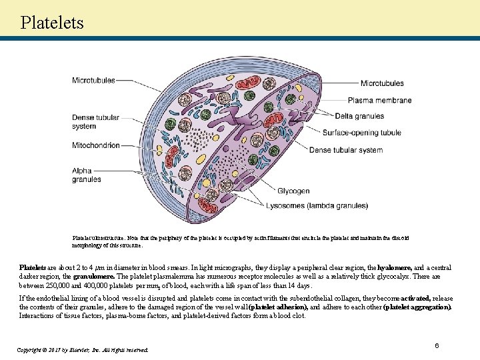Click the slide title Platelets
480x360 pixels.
[x=52, y=22]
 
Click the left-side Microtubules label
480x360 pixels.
[x=93, y=81]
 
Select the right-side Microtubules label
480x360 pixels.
[x=382, y=83]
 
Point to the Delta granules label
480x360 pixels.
[x=359, y=117]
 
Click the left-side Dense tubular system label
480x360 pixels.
[x=96, y=122]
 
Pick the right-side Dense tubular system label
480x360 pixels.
[x=345, y=150]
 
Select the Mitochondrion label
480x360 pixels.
[x=96, y=145]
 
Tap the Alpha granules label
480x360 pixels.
[x=87, y=175]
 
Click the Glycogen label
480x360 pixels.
[x=293, y=191]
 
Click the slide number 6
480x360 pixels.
[x=437, y=345]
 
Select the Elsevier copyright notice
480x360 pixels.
[x=84, y=349]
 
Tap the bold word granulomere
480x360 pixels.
[x=95, y=275]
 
